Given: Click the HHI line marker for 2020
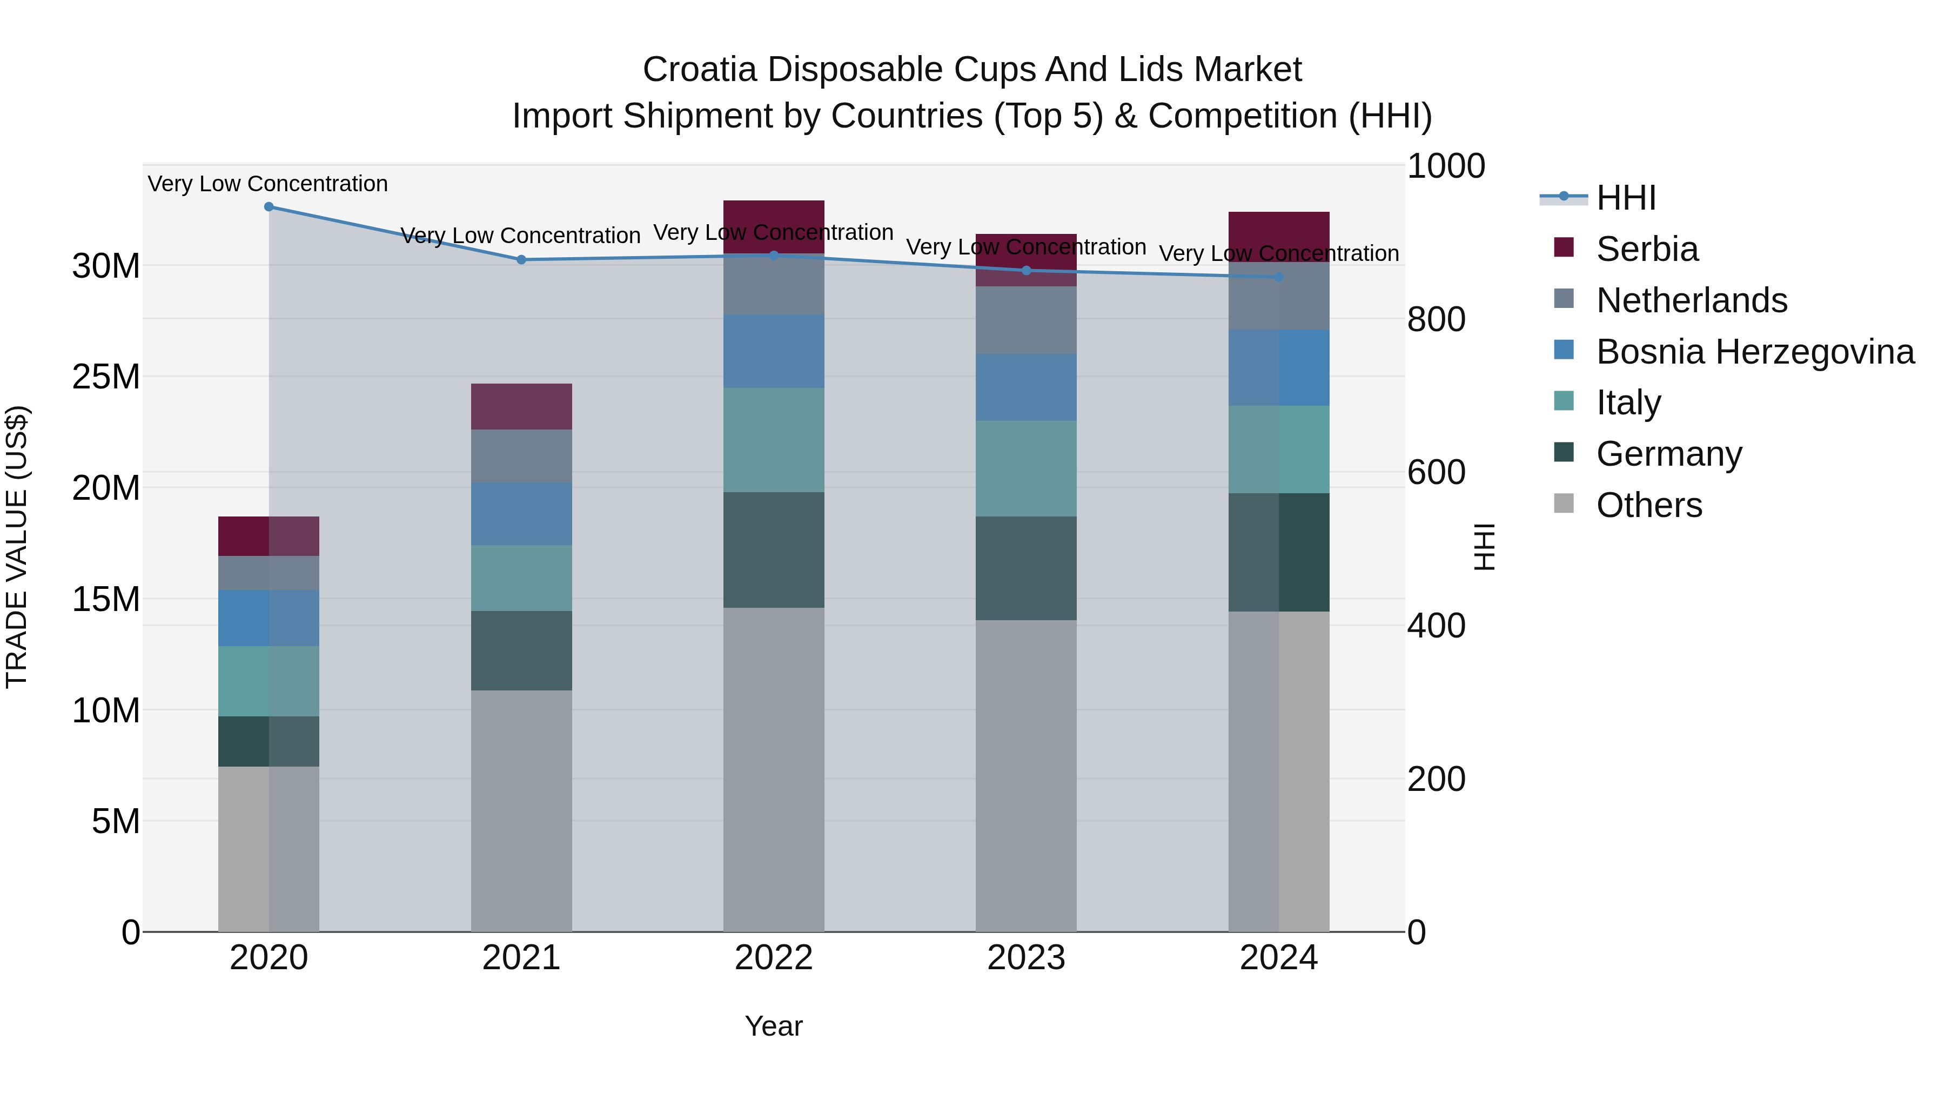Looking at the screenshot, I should tap(269, 207).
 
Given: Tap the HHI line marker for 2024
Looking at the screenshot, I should tap(1278, 277).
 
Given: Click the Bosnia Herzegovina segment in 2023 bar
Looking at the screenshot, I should tap(1025, 387).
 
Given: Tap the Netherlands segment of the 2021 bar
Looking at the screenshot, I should tap(521, 455).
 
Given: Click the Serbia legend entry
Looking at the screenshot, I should tap(1646, 249).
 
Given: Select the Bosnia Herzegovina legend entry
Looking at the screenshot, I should tap(1754, 352).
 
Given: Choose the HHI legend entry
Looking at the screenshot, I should tap(1626, 198).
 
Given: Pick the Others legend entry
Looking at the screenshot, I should tap(1648, 505).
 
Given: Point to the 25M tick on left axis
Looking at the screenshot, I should tap(106, 377).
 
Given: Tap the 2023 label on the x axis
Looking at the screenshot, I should tap(1025, 958).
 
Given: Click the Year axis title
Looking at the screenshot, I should tap(773, 1026).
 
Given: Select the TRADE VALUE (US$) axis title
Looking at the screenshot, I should tap(17, 547).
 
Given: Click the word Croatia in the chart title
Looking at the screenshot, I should tap(699, 70).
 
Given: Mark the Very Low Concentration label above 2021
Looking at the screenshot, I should tap(520, 236).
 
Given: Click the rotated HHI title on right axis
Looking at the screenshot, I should tap(1484, 547).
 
